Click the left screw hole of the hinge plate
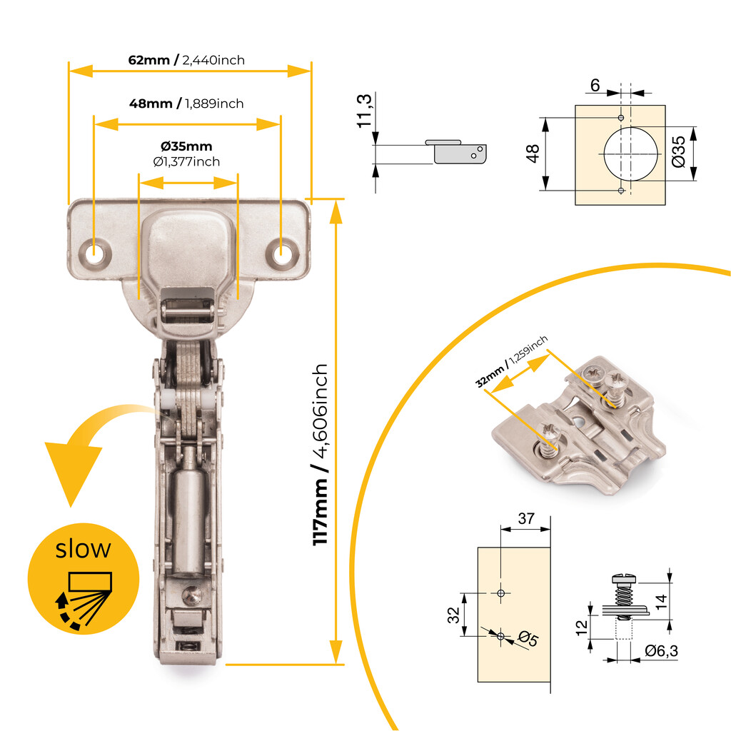pos(94,252)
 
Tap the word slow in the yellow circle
pos(84,549)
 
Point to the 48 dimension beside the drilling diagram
pos(533,153)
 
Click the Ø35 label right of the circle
pos(679,152)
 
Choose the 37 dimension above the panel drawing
pos(526,520)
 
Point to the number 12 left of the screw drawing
pos(582,626)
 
